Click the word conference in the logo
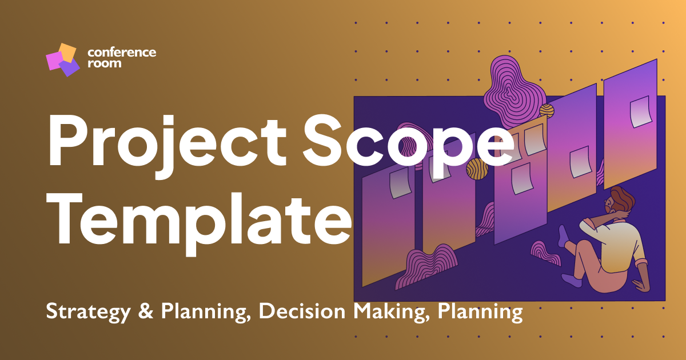pos(122,53)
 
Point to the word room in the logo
pos(104,63)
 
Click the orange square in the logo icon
pos(67,53)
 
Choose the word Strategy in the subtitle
pos(85,312)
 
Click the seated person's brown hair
pos(619,195)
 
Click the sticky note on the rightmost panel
pos(640,111)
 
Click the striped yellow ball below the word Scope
pos(477,169)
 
